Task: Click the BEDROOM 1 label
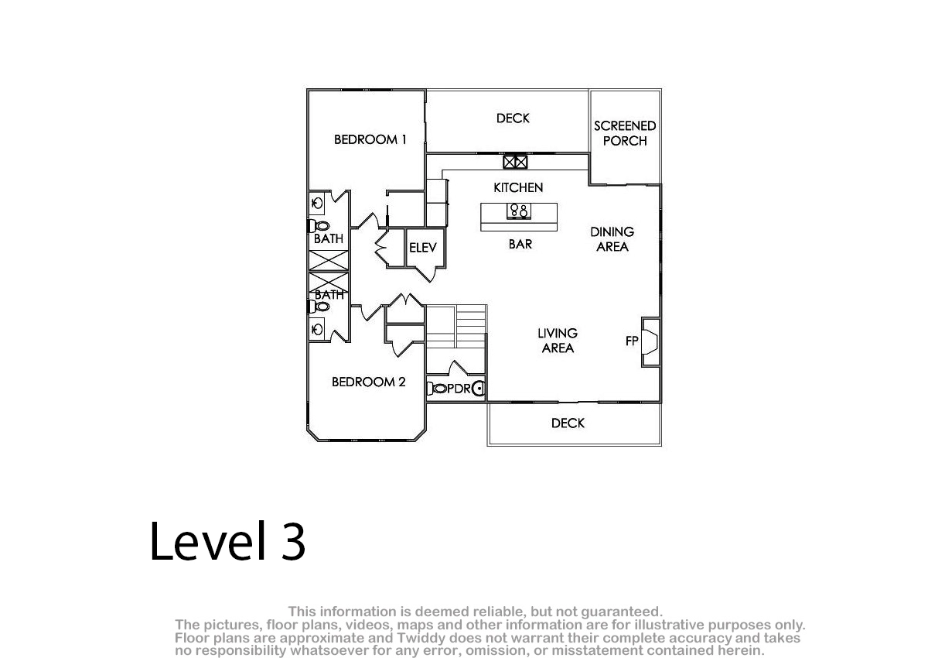coord(370,139)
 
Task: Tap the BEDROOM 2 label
coord(368,382)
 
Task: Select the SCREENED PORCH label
coord(625,133)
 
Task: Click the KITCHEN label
coord(518,188)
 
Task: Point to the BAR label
coord(520,244)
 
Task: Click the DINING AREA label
coord(612,239)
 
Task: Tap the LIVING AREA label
coord(558,341)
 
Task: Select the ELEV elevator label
coord(422,248)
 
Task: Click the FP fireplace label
coord(632,341)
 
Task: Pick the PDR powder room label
coord(459,389)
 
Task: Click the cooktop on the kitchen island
coord(519,211)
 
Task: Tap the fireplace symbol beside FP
coord(650,341)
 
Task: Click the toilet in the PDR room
coord(437,389)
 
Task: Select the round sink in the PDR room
coord(479,389)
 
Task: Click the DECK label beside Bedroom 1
coord(513,118)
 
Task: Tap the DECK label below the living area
coord(568,423)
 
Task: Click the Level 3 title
coord(227,541)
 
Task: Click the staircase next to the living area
coord(456,339)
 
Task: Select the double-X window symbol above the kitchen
coord(515,162)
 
